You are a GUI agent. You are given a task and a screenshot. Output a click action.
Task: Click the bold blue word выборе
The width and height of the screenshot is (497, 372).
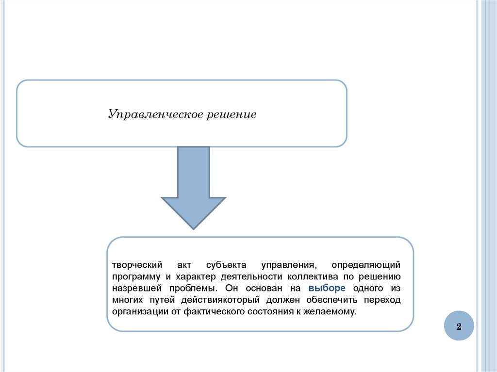(327, 288)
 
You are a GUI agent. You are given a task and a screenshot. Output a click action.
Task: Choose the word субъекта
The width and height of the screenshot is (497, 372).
(226, 265)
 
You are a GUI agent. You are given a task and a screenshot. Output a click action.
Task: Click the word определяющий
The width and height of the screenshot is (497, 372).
(366, 265)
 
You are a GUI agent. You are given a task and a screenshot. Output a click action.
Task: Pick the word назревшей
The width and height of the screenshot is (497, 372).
(133, 289)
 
